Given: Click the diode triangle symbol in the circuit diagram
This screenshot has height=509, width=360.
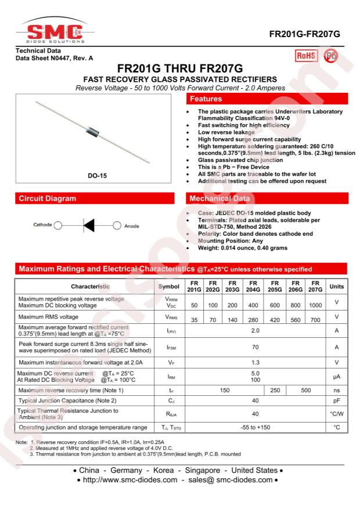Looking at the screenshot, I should point(88,225).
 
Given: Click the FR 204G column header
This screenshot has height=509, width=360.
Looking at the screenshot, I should point(253,286).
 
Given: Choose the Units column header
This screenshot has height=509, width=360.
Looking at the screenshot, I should point(336,286).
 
